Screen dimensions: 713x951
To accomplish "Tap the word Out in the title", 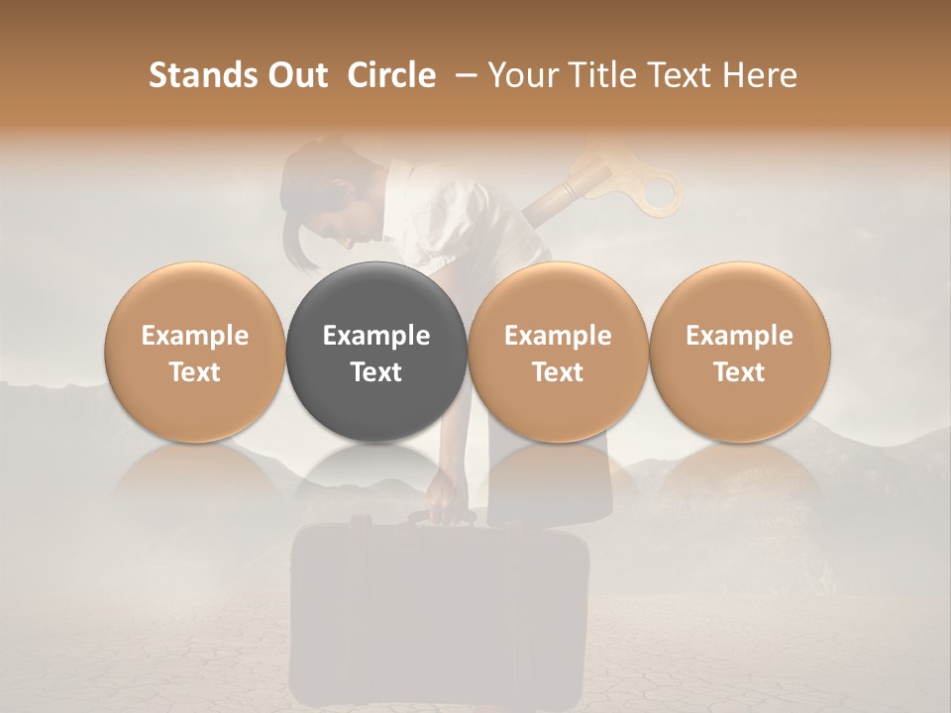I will [295, 75].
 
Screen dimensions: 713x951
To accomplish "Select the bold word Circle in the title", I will [391, 75].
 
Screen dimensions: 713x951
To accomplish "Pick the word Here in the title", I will [760, 75].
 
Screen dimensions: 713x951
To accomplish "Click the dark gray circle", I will [376, 353].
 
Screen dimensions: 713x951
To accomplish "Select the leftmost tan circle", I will [195, 353].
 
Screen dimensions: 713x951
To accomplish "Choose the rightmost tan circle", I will [740, 353].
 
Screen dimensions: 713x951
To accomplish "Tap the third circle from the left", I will [558, 353].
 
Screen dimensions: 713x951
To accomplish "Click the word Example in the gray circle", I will [376, 336].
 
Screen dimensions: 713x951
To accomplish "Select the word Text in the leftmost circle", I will [195, 372].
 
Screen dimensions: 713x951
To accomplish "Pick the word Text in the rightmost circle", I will [740, 372].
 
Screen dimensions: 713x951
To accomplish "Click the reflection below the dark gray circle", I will [376, 475].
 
